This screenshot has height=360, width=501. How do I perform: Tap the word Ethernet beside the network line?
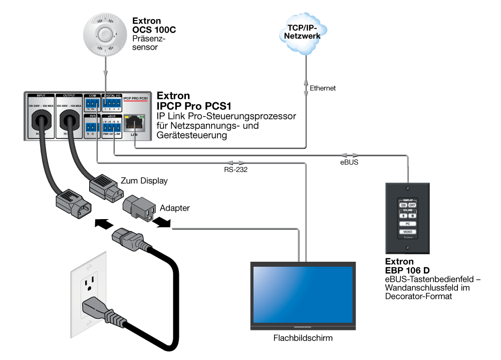323,88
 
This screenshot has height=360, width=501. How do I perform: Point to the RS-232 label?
235,170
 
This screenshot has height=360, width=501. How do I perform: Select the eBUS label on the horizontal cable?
349,162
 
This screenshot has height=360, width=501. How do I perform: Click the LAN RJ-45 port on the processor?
134,122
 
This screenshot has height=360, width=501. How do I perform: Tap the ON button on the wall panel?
403,205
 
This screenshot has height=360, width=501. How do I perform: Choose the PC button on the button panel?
408,223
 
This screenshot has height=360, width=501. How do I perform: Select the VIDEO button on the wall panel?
408,232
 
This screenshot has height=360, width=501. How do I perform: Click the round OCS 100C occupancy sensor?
105,34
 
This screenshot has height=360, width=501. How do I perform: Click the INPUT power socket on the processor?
42,120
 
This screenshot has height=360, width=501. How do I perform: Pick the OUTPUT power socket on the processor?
70,120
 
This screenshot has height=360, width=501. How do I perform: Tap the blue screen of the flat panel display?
302,295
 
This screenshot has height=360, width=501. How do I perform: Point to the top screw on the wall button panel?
408,190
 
